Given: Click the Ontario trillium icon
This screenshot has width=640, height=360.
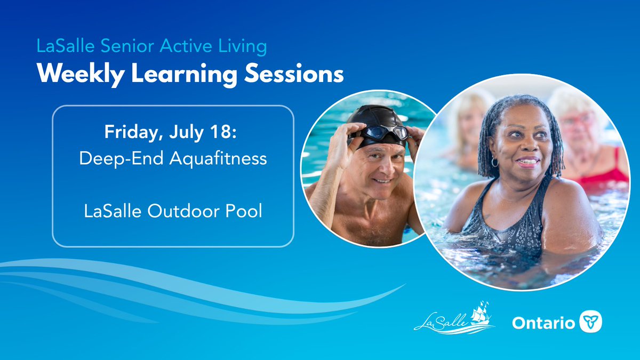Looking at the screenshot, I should click(x=591, y=322).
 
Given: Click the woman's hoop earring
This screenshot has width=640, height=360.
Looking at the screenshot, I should click(x=494, y=162).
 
